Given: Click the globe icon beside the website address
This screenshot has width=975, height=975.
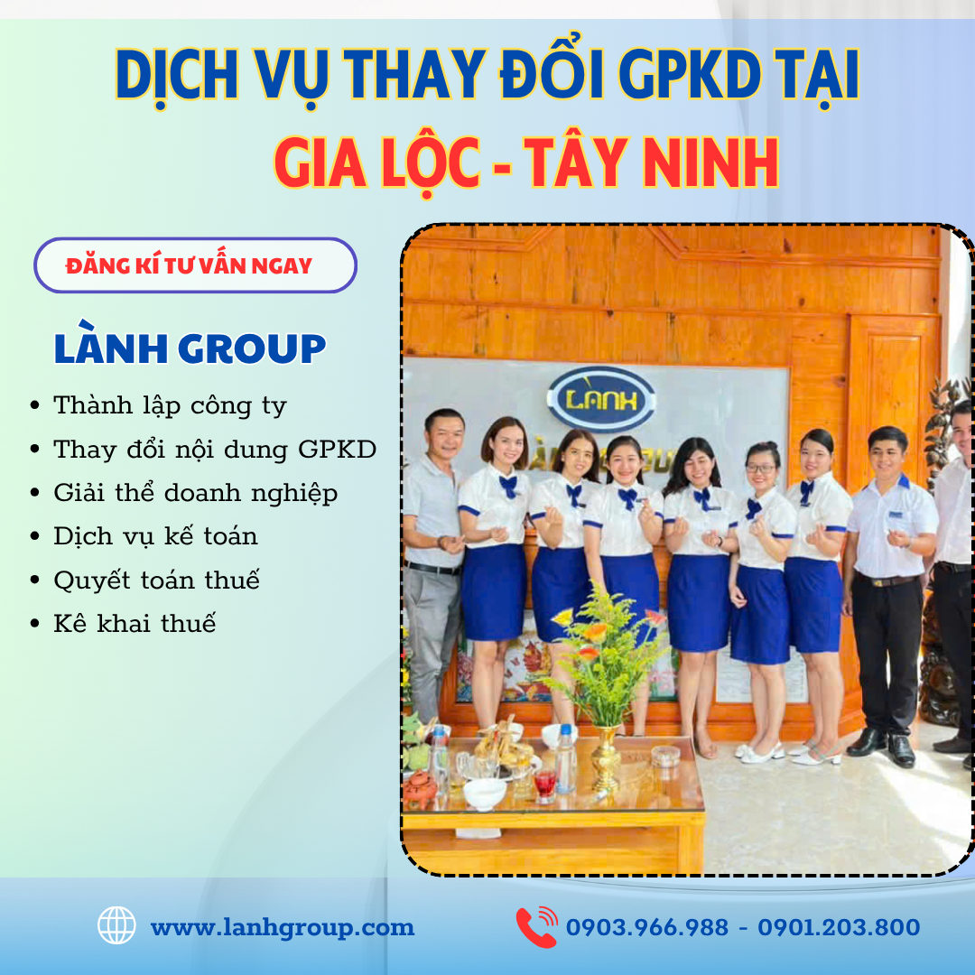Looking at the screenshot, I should coord(116,926).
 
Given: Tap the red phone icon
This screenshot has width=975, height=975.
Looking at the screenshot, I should coord(536,927).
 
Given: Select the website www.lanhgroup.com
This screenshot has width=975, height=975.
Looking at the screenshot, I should coord(283,927).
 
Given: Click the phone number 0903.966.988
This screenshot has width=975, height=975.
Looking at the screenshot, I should coord(646,927).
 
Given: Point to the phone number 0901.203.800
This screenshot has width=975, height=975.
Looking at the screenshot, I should coord(839,927).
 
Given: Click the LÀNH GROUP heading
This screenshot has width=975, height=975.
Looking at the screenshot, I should coord(190,349).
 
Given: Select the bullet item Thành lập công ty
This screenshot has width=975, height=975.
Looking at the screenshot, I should coord(170,405).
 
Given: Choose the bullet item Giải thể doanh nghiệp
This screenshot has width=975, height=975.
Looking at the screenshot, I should coord(195,493).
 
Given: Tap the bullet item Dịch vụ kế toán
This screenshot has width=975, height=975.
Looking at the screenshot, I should coord(155,536).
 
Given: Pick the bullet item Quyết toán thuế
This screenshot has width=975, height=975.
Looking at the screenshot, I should coord(156,580).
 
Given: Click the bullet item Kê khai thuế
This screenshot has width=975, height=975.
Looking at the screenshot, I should coord(135,623).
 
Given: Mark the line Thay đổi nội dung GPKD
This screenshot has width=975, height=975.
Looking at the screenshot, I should coord(215,450).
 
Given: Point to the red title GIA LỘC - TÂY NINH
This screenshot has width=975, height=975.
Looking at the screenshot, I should coord(526,163).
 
